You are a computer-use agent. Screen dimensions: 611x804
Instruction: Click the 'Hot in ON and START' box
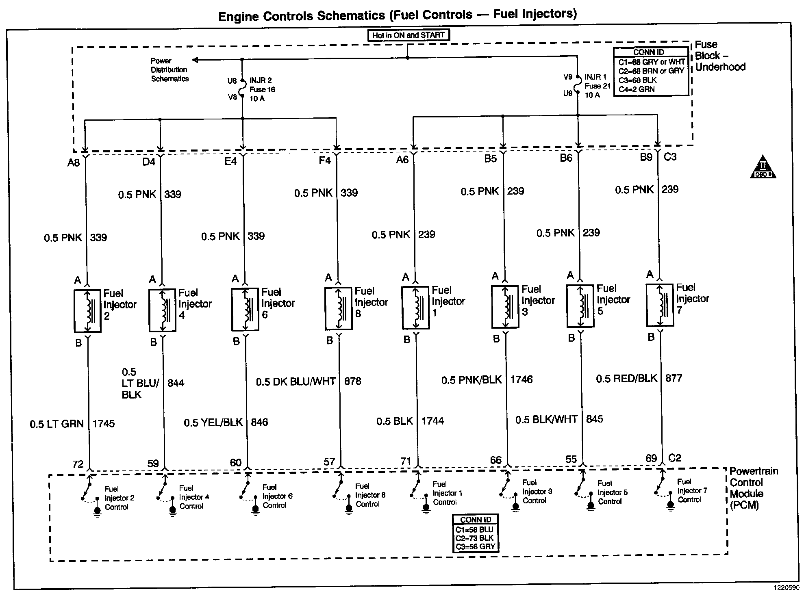(408, 35)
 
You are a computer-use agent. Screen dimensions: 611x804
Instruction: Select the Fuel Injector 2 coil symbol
(87, 311)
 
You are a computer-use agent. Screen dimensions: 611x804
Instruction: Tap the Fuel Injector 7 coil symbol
(660, 305)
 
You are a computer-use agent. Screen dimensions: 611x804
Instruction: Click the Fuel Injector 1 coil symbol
(415, 308)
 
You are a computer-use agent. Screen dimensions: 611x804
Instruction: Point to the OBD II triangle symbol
(763, 167)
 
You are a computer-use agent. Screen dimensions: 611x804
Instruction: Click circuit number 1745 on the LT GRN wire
(104, 424)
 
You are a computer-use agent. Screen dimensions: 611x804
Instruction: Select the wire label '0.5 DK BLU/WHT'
(296, 381)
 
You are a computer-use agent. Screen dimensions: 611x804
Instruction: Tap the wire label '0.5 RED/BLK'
(626, 379)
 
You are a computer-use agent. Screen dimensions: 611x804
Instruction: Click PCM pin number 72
(78, 464)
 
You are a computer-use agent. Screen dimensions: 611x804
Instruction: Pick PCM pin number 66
(495, 460)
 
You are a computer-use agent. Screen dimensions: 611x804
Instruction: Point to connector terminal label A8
(74, 163)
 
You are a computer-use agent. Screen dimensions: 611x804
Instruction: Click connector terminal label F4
(324, 160)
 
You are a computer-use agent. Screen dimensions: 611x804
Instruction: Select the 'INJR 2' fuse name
(261, 80)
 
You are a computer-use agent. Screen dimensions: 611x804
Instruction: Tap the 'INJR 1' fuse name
(595, 77)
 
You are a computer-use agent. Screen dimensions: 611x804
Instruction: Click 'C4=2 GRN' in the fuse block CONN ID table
(637, 89)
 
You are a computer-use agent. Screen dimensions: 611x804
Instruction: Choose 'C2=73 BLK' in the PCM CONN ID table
(474, 538)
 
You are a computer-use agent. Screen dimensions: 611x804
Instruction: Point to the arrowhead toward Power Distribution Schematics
(195, 60)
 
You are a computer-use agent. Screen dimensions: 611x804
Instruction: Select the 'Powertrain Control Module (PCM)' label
(754, 488)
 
